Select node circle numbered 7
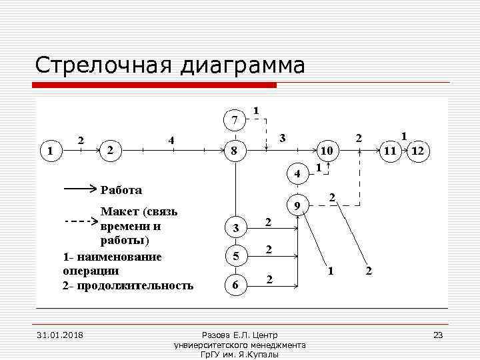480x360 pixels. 234,121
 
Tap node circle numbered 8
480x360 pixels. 234,151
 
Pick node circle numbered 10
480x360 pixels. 327,151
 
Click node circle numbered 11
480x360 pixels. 391,151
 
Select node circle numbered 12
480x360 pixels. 419,151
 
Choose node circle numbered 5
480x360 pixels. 234,256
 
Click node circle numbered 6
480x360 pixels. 234,285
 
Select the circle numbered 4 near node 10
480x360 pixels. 297,174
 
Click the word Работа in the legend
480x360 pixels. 121,190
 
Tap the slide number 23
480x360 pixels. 438,335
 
